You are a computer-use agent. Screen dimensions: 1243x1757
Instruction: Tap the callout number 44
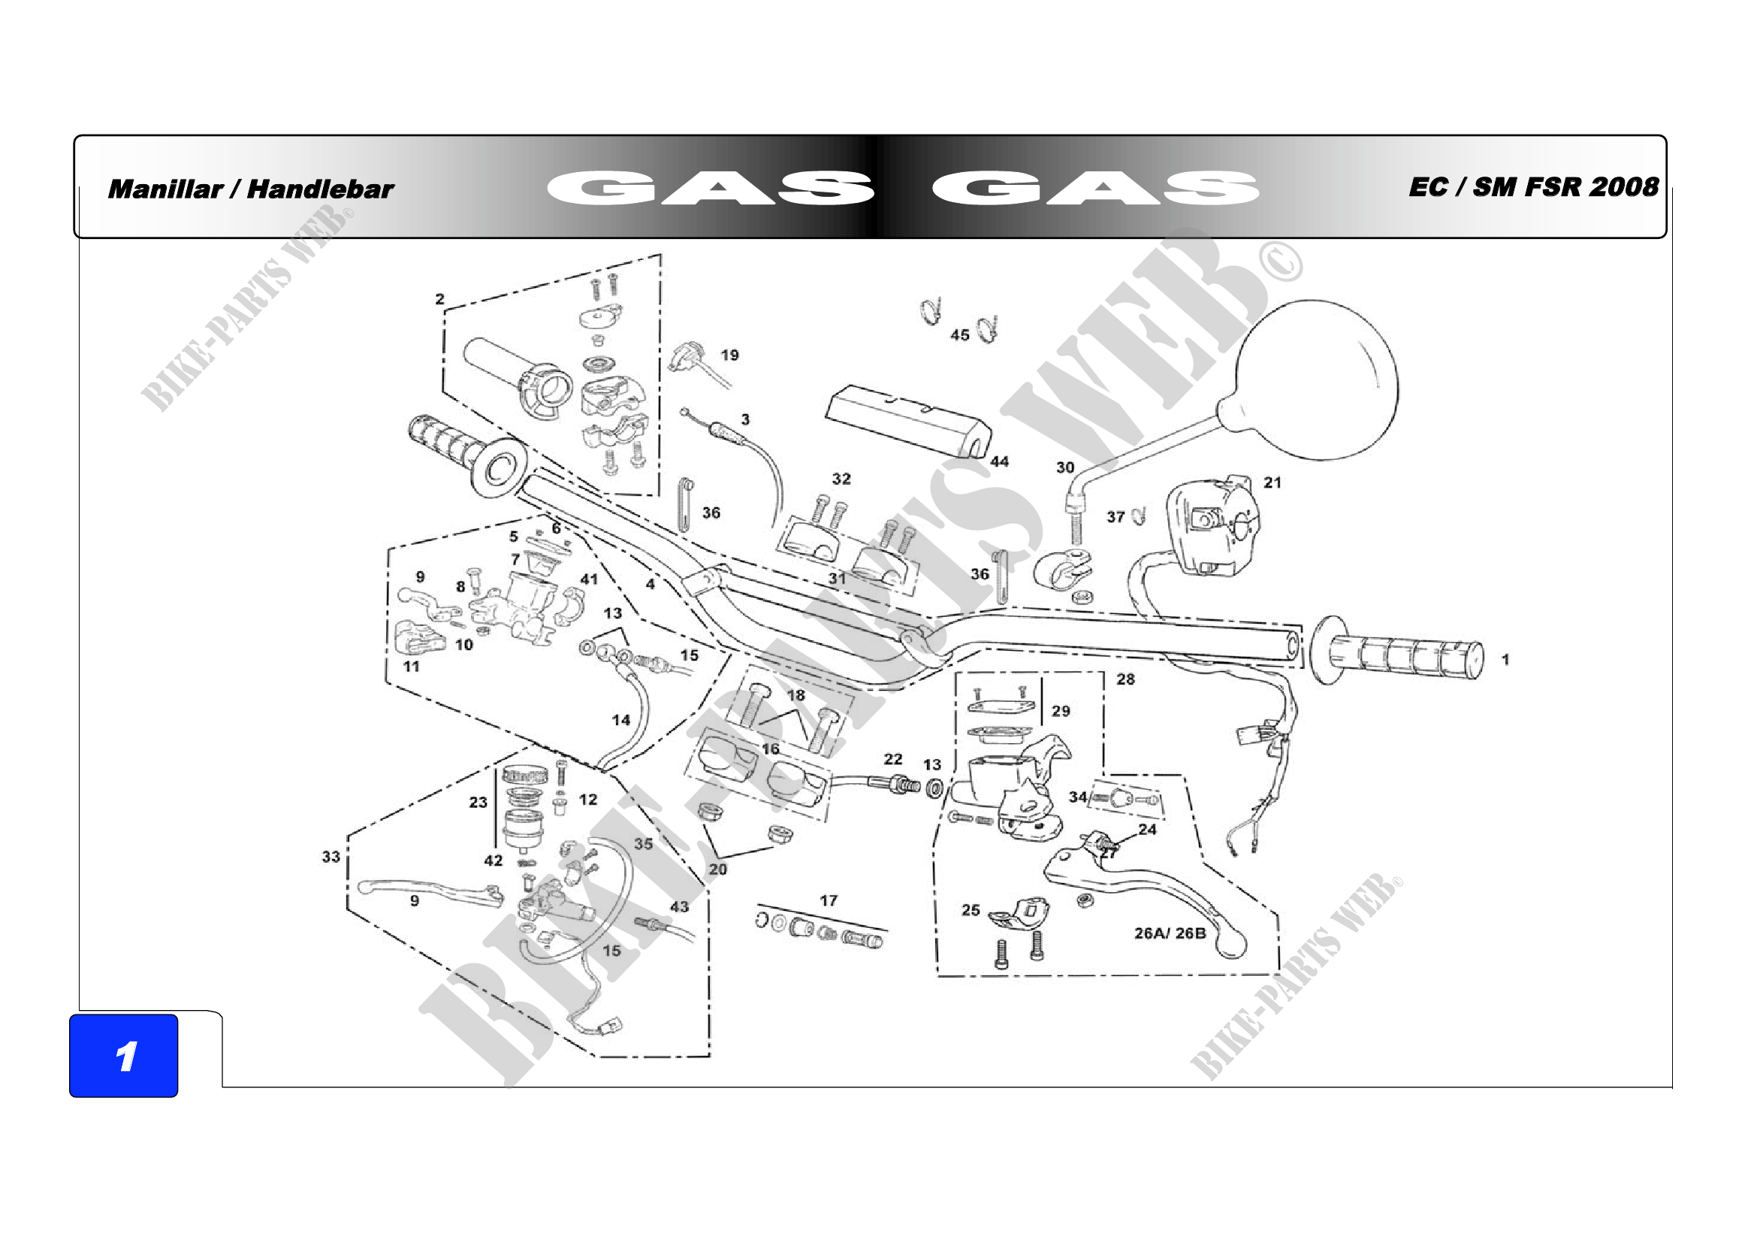pyautogui.click(x=999, y=461)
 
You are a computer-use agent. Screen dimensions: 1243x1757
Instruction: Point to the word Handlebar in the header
pyautogui.click(x=321, y=189)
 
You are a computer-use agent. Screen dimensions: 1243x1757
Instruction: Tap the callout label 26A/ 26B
pyautogui.click(x=1170, y=933)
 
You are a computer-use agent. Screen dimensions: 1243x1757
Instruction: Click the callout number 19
pyautogui.click(x=730, y=355)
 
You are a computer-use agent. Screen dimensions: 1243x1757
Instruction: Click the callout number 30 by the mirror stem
pyautogui.click(x=1065, y=467)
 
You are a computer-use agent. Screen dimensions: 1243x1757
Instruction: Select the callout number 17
pyautogui.click(x=829, y=901)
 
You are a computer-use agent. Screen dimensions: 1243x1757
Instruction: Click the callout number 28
pyautogui.click(x=1126, y=679)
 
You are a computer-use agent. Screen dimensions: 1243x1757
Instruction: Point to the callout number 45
pyautogui.click(x=959, y=335)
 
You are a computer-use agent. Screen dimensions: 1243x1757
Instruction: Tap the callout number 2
pyautogui.click(x=440, y=299)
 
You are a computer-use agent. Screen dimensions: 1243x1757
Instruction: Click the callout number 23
pyautogui.click(x=478, y=802)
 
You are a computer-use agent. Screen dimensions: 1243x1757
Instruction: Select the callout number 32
pyautogui.click(x=842, y=479)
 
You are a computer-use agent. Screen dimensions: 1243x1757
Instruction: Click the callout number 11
pyautogui.click(x=412, y=667)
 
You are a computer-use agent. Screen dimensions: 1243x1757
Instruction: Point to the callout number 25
pyautogui.click(x=971, y=910)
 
